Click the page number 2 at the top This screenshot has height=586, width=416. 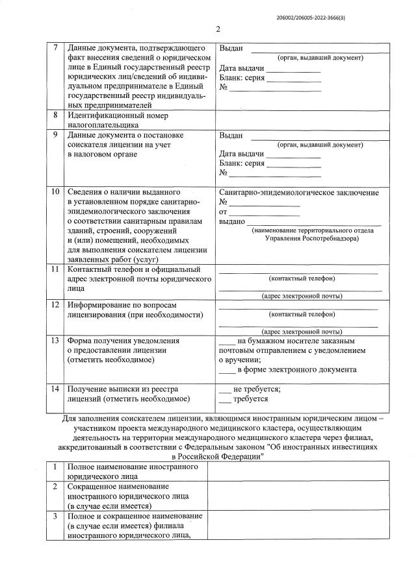(x=218, y=29)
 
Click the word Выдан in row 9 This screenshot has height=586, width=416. (x=231, y=136)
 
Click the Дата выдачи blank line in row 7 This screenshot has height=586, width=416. (x=293, y=69)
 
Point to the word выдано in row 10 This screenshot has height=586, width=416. (x=231, y=222)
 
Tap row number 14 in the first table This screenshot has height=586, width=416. (x=55, y=389)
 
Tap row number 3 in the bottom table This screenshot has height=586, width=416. (x=55, y=516)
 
